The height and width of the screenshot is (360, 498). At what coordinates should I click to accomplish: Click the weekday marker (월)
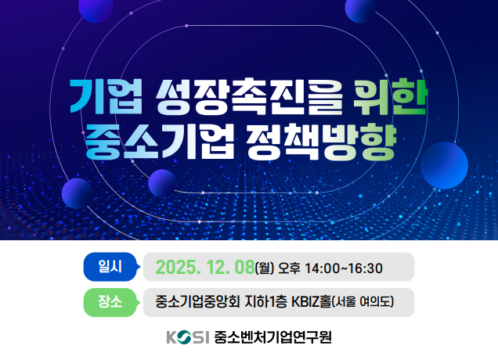tap(265, 268)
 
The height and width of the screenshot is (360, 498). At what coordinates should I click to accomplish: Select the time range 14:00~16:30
tap(345, 268)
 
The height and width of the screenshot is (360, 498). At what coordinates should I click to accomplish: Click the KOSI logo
tap(188, 338)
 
